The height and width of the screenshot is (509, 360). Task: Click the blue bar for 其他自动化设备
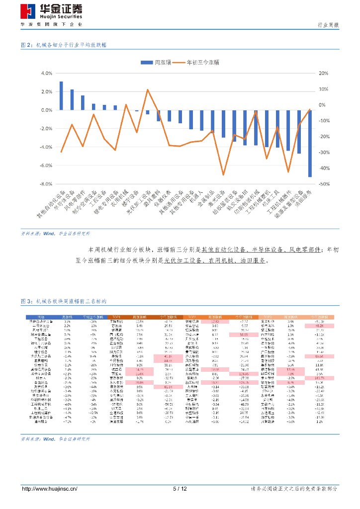(61, 95)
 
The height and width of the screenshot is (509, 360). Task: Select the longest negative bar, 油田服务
(310, 143)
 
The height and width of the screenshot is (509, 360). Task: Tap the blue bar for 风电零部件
(83, 102)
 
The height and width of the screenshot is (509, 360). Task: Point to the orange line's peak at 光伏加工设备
(148, 89)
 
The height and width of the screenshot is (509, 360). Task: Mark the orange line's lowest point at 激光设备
(223, 175)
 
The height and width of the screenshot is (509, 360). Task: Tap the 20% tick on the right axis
(323, 73)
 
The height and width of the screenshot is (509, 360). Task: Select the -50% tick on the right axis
(323, 184)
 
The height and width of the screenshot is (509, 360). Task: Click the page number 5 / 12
(180, 489)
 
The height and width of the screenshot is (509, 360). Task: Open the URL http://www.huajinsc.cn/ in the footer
(50, 489)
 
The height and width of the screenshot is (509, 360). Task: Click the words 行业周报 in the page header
(328, 25)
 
